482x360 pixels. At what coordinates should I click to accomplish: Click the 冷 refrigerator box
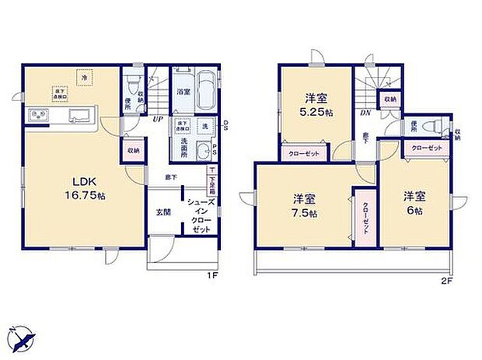point(83,75)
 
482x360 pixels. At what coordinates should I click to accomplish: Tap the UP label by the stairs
point(157,119)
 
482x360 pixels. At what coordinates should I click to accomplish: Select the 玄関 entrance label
point(163,211)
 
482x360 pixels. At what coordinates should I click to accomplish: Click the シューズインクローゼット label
point(196,216)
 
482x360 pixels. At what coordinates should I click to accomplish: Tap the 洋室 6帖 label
point(414,203)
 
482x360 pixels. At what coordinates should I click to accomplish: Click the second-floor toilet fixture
point(436,127)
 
